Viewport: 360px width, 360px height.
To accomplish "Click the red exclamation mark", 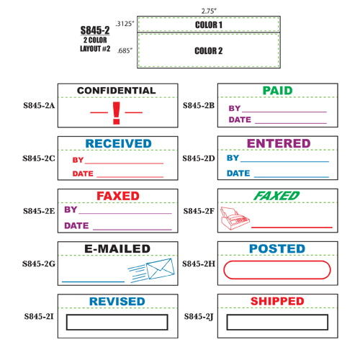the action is point(117,113).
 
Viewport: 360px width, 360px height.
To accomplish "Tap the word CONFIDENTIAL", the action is point(117,91).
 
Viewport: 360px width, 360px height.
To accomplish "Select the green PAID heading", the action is point(277,91).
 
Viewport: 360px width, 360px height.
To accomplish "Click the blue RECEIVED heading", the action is point(118,143).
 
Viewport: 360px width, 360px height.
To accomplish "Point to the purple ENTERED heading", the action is point(279,143).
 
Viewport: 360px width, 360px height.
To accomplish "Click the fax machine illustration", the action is point(235,218).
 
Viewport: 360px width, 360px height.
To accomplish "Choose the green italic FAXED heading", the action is point(276,196).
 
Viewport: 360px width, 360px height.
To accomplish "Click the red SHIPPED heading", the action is point(277,301).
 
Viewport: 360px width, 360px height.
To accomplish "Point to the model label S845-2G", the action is point(39,264).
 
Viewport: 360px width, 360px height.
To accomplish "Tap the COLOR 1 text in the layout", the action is point(209,24).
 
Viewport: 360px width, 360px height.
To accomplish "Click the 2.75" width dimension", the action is point(209,11).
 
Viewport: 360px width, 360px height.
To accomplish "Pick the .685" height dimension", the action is point(125,50).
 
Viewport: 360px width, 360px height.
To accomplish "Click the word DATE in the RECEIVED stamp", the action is point(83,174).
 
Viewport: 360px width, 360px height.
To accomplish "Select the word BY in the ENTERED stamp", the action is point(233,158).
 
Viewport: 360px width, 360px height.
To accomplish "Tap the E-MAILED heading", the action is point(117,248).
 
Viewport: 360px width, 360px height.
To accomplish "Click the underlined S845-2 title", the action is point(95,30).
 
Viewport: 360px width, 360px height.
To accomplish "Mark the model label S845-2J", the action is point(199,317).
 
